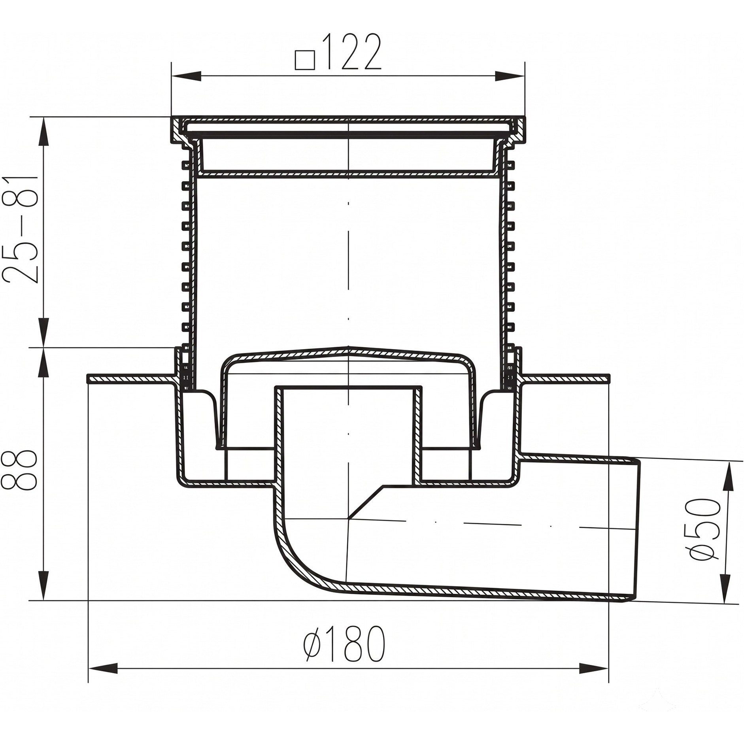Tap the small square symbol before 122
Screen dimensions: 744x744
[305, 60]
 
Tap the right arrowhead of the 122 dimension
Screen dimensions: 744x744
[510, 76]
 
